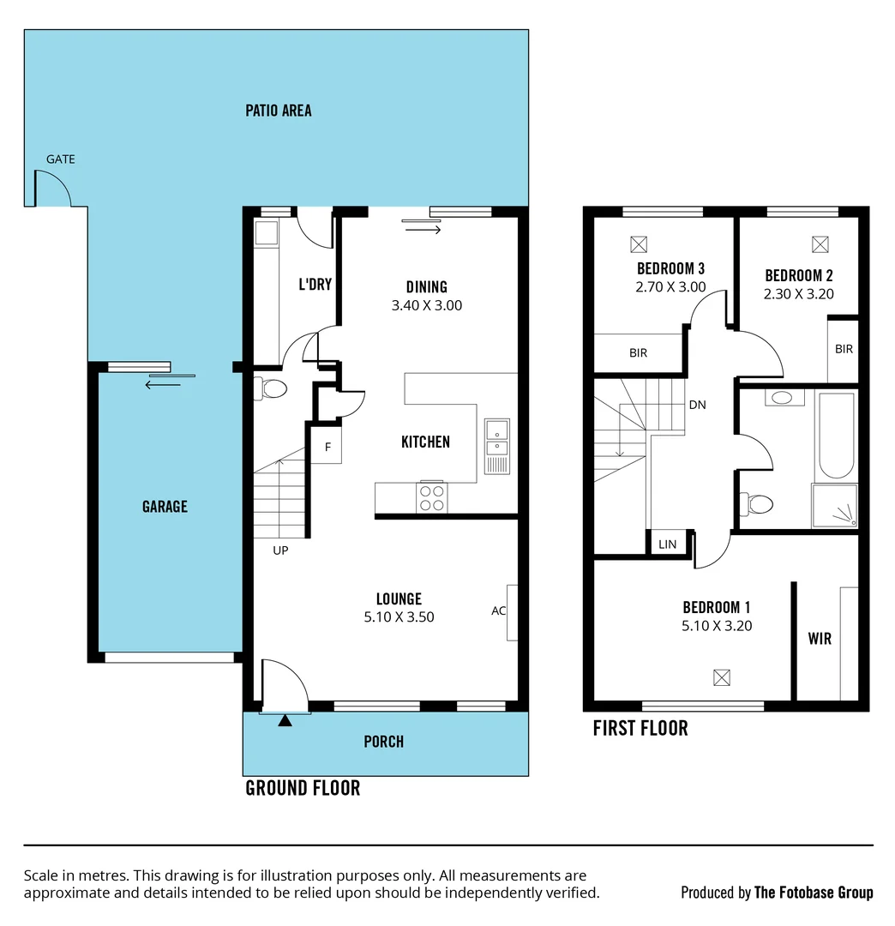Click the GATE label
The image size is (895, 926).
click(60, 159)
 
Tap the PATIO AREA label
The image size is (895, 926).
click(278, 111)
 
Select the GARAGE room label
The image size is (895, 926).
click(165, 507)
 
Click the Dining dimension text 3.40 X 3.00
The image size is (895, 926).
click(426, 305)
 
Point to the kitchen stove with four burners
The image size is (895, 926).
click(431, 498)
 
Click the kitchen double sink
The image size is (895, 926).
click(496, 446)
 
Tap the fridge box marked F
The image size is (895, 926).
click(326, 448)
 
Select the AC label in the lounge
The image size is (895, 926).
click(498, 611)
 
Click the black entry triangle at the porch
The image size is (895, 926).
click(285, 720)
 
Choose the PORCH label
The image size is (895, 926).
click(383, 742)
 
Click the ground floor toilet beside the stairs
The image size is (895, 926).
click(273, 389)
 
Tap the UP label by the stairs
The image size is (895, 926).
click(280, 550)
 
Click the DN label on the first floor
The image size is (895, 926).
click(697, 405)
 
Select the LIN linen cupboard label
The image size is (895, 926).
click(667, 544)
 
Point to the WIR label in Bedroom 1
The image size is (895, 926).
click(820, 639)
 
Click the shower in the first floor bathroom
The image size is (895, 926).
click(835, 507)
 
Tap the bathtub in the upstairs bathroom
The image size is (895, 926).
click(836, 436)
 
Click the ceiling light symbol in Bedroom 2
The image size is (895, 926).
click(819, 244)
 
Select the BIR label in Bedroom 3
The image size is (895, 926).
click(638, 352)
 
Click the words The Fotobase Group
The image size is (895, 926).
click(814, 893)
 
